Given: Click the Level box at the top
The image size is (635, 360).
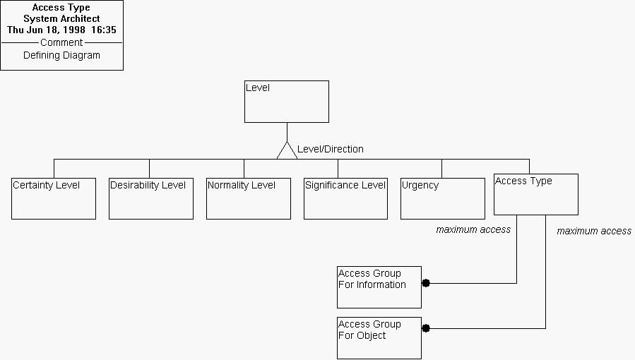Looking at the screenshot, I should pos(286,102).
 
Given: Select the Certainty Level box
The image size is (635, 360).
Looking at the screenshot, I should pos(54,198).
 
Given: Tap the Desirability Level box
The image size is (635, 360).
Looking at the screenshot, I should pos(151,198).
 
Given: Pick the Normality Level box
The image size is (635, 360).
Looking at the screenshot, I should pos(249,198).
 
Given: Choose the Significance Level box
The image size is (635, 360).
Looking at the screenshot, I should pos(346,198).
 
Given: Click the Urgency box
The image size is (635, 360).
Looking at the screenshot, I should pos(443,198).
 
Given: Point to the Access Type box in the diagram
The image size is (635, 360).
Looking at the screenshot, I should pos(535,194).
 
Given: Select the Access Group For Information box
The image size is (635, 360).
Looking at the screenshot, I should pos(379,287).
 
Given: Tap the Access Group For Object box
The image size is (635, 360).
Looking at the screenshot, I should pos(379,338).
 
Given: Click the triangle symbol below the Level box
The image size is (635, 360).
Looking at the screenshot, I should pos(287,151).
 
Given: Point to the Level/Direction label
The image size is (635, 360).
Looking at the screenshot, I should pos(331,149).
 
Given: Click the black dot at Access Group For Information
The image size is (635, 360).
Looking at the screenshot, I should pos(426,283).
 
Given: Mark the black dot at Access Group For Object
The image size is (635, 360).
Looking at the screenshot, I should pos(426,328).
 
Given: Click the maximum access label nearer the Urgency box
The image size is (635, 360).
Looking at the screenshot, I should pos(473,229).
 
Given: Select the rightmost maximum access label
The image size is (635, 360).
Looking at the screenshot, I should pos(594,231).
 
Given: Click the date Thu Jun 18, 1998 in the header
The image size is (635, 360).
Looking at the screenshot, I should pos(47,30).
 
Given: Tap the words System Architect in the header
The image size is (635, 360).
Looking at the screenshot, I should pos(61,19).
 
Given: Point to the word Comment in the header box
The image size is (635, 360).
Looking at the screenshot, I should pos(61,42).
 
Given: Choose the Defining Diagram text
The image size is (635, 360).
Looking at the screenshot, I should pos(61,55).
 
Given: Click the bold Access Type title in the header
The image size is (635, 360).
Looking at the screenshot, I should pos(61,8).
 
